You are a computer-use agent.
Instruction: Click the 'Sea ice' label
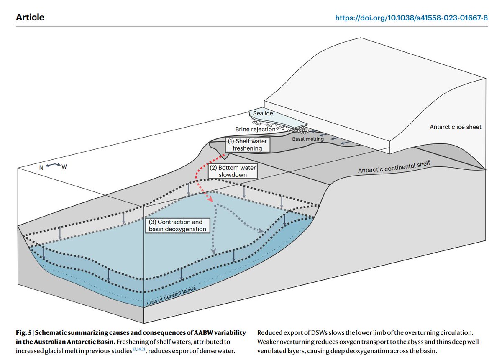[x=263, y=113]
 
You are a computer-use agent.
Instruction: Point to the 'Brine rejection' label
[x=255, y=129]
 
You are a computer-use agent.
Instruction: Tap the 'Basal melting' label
[x=307, y=139]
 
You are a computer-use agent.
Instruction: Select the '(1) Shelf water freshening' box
[x=247, y=144]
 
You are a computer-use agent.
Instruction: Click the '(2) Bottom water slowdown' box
[x=233, y=171]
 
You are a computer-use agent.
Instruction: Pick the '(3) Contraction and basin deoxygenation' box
[x=178, y=225]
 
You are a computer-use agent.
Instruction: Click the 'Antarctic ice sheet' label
[x=456, y=127]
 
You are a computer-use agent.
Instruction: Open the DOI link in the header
[x=412, y=18]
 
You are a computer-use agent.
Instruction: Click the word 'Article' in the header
[x=30, y=18]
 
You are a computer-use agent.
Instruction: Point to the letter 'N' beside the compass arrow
[x=42, y=167]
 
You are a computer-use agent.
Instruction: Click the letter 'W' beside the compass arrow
[x=64, y=167]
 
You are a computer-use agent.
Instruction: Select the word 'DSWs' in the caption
[x=320, y=332]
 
